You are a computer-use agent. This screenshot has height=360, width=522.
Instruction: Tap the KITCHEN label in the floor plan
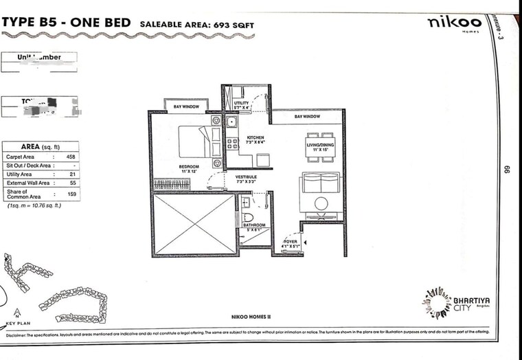pos(255,138)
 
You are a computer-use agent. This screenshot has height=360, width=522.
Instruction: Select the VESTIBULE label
pos(246,177)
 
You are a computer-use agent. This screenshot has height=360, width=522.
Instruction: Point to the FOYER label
pos(289,242)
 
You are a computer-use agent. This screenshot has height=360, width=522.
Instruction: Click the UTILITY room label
pos(242,103)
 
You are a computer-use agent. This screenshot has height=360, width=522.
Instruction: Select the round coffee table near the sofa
pos(321,204)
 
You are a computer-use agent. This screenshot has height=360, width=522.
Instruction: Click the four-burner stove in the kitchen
pos(232,144)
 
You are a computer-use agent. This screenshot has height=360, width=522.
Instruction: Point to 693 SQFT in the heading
pos(231,25)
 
